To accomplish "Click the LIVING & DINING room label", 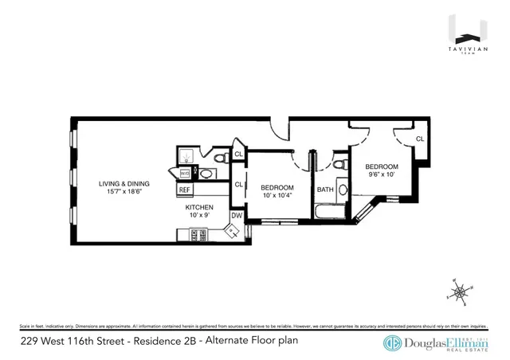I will point(124,182).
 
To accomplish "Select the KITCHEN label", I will point(200,207).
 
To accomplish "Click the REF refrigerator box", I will point(184,190).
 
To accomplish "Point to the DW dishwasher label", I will point(237,215).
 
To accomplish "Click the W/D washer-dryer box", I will point(185,172).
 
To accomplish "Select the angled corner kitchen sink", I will point(233,233).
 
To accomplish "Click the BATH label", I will point(325,190).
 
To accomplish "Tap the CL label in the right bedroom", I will point(419,139).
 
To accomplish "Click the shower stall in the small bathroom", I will point(185,155).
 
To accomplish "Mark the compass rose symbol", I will point(461,292).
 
